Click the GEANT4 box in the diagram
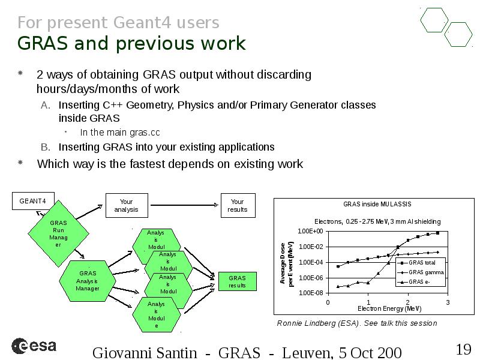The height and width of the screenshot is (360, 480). pyautogui.click(x=33, y=201)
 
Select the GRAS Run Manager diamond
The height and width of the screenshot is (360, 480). pyautogui.click(x=58, y=233)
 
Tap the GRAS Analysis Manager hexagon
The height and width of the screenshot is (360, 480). pyautogui.click(x=88, y=281)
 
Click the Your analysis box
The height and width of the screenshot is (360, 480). pyautogui.click(x=127, y=205)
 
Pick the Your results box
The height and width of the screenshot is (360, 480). pyautogui.click(x=238, y=205)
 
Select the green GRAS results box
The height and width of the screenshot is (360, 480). pyautogui.click(x=237, y=281)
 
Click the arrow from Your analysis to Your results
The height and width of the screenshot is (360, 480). pyautogui.click(x=184, y=205)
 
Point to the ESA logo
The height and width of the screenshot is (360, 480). pyautogui.click(x=34, y=346)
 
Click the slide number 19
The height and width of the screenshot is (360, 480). pyautogui.click(x=463, y=349)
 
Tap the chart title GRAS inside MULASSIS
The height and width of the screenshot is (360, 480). pyautogui.click(x=377, y=204)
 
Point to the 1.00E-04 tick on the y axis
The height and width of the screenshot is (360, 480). pyautogui.click(x=311, y=262)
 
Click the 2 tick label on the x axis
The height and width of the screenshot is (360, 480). pyautogui.click(x=408, y=302)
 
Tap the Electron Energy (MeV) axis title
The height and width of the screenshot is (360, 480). pyautogui.click(x=389, y=308)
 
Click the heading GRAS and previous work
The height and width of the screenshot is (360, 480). pyautogui.click(x=131, y=43)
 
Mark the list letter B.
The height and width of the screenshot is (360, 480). pyautogui.click(x=46, y=147)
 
